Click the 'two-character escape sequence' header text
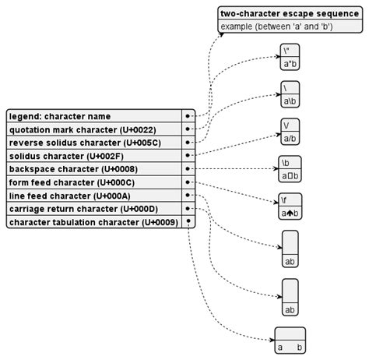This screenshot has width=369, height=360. coord(289,13)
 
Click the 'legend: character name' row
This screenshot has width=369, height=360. coord(93,116)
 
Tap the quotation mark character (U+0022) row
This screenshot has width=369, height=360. coord(93,129)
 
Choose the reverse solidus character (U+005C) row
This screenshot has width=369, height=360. coord(93,143)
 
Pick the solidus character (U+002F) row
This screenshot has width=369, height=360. coord(93,156)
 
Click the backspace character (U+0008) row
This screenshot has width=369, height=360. coord(93,169)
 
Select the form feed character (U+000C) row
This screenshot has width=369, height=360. coord(93,182)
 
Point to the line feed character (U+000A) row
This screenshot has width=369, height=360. coord(93,196)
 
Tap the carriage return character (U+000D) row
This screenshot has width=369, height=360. coord(93,209)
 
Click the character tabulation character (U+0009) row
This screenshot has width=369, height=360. coord(93,222)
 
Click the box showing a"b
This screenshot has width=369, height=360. coord(290,58)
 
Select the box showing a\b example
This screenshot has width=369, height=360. coord(290,94)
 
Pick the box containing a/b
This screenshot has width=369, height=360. coord(290,132)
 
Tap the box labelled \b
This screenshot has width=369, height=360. coord(290,169)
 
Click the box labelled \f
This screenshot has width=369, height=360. coord(290,206)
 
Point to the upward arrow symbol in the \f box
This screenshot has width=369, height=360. coord(290,212)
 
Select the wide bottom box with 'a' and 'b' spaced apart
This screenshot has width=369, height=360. coord(290,340)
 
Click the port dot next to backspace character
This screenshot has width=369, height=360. coord(188,169)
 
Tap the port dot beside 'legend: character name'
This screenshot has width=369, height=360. coord(188,116)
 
